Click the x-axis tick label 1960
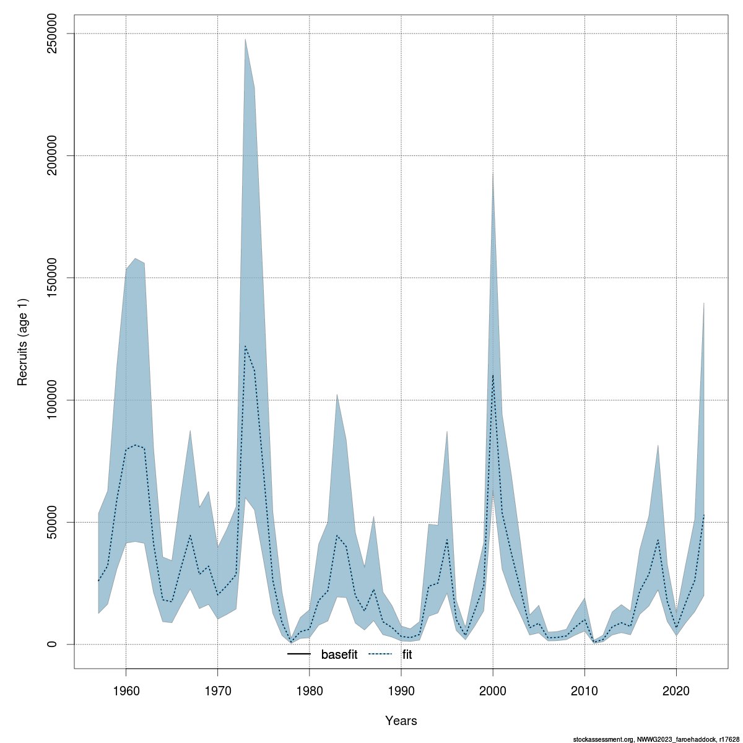126,690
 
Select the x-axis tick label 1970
217,690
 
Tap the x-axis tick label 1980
310,690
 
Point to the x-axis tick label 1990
401,690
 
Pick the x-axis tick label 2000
493,690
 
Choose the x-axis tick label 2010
584,690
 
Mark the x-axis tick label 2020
676,690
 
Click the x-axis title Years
401,721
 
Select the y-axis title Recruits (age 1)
23,339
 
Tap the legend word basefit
339,654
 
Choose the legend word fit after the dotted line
407,654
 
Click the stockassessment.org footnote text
656,739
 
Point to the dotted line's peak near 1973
245,346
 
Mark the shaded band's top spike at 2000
493,172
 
